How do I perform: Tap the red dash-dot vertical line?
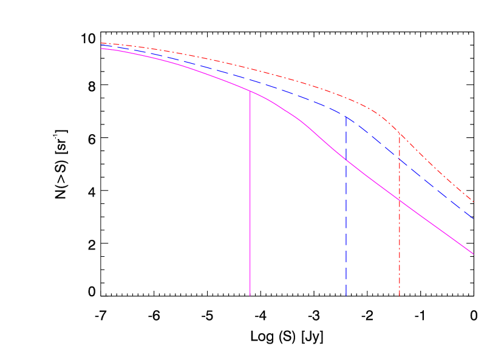[x=400, y=243]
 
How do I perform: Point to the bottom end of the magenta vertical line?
[x=250, y=296]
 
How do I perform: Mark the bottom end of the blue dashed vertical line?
[x=346, y=296]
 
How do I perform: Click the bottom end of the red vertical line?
[x=400, y=296]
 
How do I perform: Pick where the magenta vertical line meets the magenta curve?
[x=250, y=90]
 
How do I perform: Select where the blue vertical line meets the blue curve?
[x=346, y=116]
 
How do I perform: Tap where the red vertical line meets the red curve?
[x=400, y=134]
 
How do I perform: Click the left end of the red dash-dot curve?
[x=101, y=43]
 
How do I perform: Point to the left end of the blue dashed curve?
[x=101, y=46]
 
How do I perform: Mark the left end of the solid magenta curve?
[x=101, y=49]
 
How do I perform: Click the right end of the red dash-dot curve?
[x=473, y=202]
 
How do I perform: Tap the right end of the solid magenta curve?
[x=473, y=254]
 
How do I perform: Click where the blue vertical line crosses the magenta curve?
[x=346, y=160]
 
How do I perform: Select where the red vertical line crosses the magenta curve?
[x=400, y=199]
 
